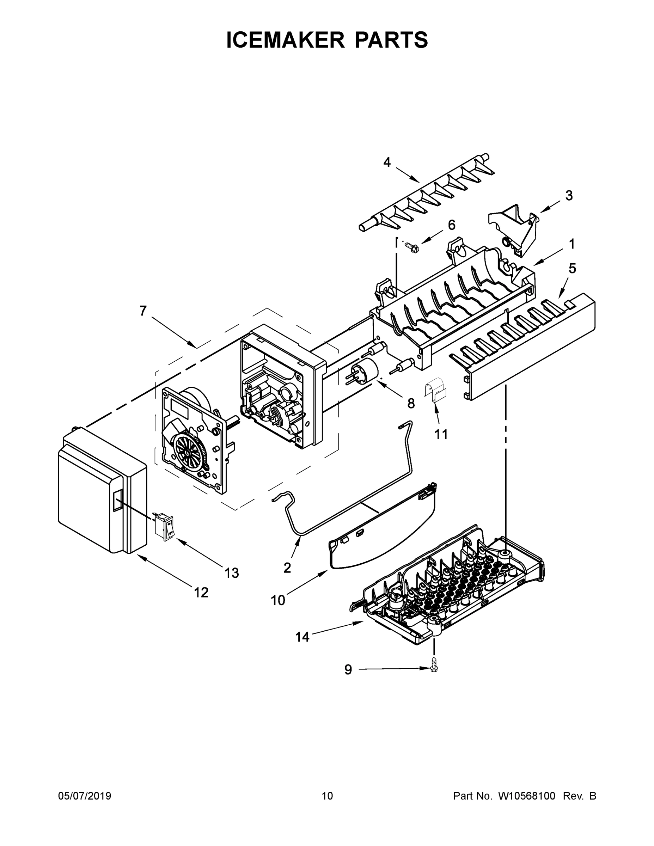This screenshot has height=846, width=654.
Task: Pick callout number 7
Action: [x=143, y=311]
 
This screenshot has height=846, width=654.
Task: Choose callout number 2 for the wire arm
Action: [x=287, y=568]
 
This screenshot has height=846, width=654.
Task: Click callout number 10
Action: [x=277, y=600]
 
